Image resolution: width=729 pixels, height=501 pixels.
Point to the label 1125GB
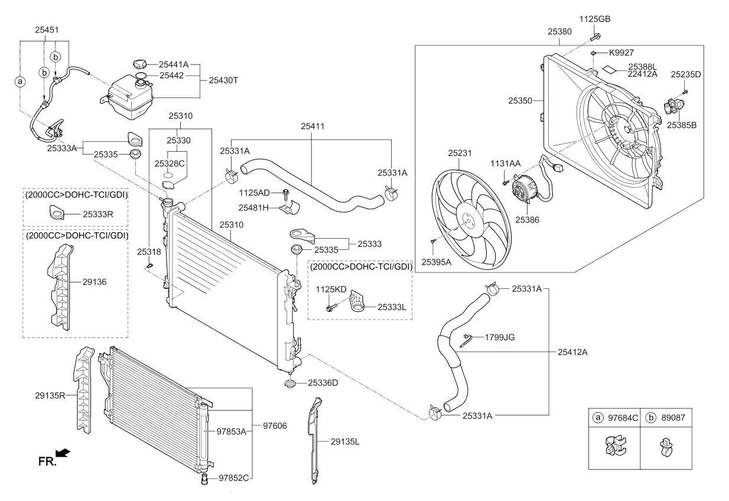pyautogui.click(x=594, y=19)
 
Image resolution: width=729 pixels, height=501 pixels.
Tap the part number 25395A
pyautogui.click(x=437, y=262)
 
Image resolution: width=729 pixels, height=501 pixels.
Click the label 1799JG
pyautogui.click(x=500, y=337)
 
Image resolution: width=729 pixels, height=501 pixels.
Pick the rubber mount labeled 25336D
pyautogui.click(x=290, y=385)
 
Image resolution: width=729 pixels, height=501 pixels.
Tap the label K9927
pyautogui.click(x=621, y=53)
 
